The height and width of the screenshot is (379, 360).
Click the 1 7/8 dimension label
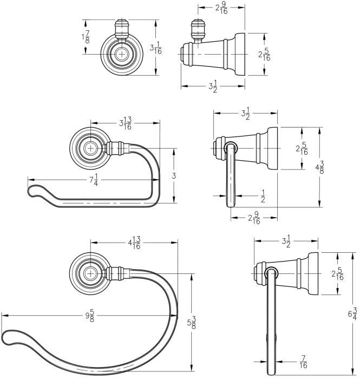click(x=86, y=37)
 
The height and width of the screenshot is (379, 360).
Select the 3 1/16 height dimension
click(x=155, y=48)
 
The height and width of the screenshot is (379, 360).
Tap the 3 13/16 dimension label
click(x=126, y=123)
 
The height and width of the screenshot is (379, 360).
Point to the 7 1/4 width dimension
click(x=94, y=180)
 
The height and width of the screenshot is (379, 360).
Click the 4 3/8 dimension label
click(x=319, y=167)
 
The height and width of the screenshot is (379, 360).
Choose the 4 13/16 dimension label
click(x=134, y=243)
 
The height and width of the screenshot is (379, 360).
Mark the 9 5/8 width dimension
click(x=90, y=316)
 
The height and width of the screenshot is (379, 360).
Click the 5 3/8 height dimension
click(x=192, y=323)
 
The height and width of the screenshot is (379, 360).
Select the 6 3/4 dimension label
click(x=352, y=313)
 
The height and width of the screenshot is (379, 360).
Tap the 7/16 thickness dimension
click(x=303, y=362)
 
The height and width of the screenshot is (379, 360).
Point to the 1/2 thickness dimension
click(x=263, y=196)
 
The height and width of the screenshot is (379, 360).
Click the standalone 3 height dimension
click(x=174, y=176)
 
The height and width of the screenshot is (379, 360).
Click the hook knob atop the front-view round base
click(x=121, y=29)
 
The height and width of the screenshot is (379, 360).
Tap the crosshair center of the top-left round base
click(x=121, y=54)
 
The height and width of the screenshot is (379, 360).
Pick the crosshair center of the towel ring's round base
click(x=90, y=273)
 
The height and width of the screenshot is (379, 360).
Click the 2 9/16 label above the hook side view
click(x=221, y=8)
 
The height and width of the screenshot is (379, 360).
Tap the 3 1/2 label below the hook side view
click(x=213, y=86)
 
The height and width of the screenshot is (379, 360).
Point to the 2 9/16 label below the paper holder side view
click(x=254, y=218)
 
